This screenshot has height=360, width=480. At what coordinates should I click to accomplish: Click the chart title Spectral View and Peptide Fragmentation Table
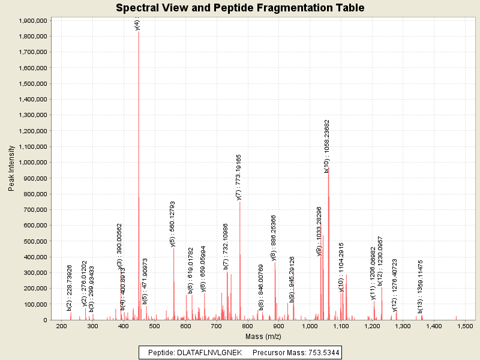tap(240, 8)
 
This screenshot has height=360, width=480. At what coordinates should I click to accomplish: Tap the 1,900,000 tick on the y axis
tap(34, 20)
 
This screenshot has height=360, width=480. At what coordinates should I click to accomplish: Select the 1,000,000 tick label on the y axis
tap(34, 163)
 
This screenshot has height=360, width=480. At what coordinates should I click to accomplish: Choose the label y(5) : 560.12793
tap(173, 223)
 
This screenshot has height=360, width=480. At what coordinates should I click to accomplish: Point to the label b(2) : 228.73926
tap(70, 287)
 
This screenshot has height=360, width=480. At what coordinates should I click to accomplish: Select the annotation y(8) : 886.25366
tap(274, 238)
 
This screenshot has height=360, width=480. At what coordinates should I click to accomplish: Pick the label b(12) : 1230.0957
tap(380, 261)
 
